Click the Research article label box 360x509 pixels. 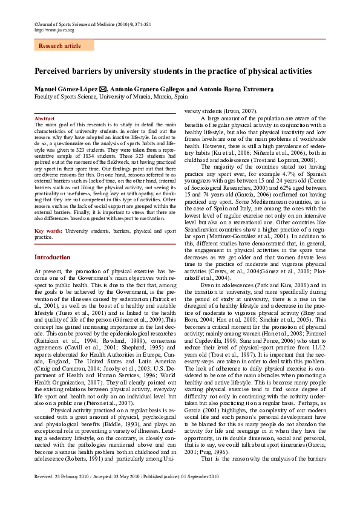click(x=64, y=46)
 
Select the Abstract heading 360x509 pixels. click(x=45, y=118)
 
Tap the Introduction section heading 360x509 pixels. click(x=52, y=257)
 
